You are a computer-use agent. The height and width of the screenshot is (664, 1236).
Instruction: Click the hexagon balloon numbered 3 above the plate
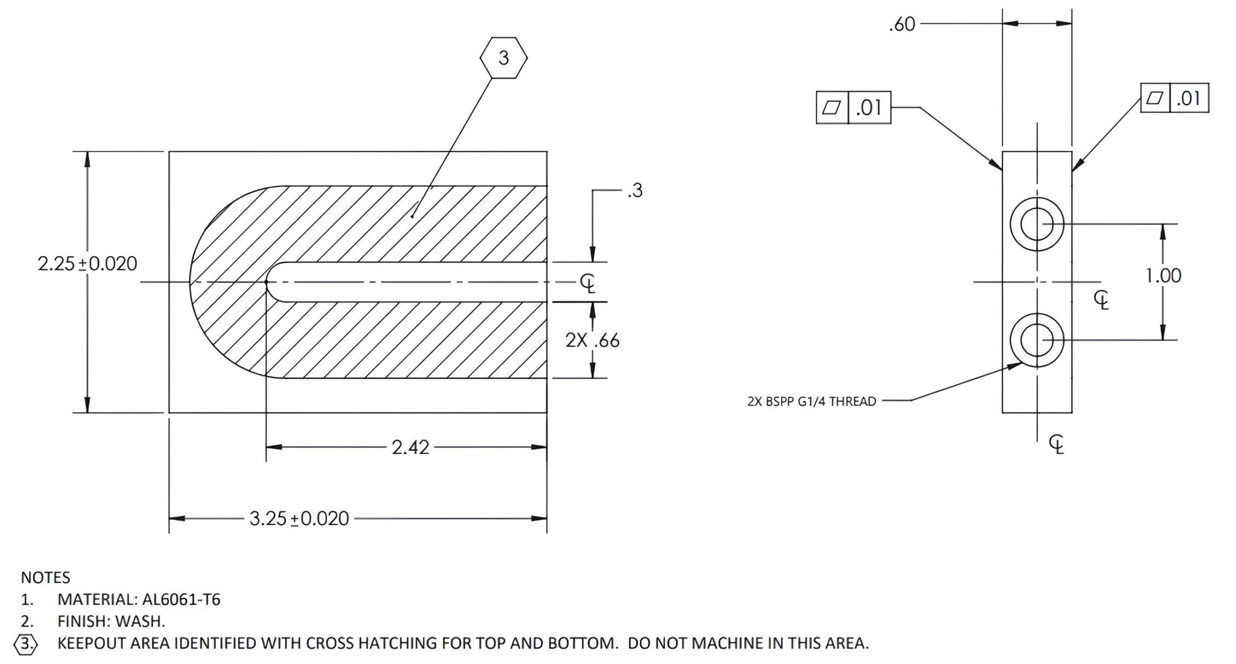click(x=503, y=58)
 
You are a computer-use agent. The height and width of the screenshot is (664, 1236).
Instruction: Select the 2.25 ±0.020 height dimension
click(x=88, y=264)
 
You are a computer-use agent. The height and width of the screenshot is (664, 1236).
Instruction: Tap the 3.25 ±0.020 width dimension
click(x=299, y=519)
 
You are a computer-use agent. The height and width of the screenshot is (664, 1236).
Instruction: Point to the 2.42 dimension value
click(x=410, y=447)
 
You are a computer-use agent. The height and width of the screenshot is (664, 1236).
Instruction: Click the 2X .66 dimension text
click(x=592, y=340)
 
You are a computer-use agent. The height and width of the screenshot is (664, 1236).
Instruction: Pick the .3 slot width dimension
click(x=635, y=191)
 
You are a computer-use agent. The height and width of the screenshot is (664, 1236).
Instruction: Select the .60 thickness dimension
click(x=902, y=24)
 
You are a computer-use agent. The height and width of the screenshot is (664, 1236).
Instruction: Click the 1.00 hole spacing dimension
click(x=1163, y=276)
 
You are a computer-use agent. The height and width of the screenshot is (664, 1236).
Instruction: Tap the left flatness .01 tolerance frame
click(x=853, y=107)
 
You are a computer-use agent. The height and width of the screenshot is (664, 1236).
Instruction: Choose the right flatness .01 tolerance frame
click(x=1174, y=98)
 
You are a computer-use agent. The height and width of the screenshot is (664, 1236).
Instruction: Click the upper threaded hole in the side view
click(x=1037, y=224)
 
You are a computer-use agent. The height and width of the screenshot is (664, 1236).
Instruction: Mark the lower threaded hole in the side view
click(x=1037, y=340)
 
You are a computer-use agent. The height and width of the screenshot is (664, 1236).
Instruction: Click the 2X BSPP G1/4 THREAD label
click(x=812, y=401)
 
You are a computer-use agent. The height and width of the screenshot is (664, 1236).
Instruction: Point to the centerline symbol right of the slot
click(x=587, y=283)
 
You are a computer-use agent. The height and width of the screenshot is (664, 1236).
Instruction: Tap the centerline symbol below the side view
click(x=1056, y=444)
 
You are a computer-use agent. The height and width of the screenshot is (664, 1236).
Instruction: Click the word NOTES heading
click(x=45, y=578)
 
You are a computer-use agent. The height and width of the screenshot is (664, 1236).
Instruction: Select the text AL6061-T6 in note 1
click(x=181, y=599)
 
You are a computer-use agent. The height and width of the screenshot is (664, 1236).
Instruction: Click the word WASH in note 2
click(x=139, y=621)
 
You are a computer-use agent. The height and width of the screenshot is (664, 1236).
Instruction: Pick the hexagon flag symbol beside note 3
click(x=25, y=643)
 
